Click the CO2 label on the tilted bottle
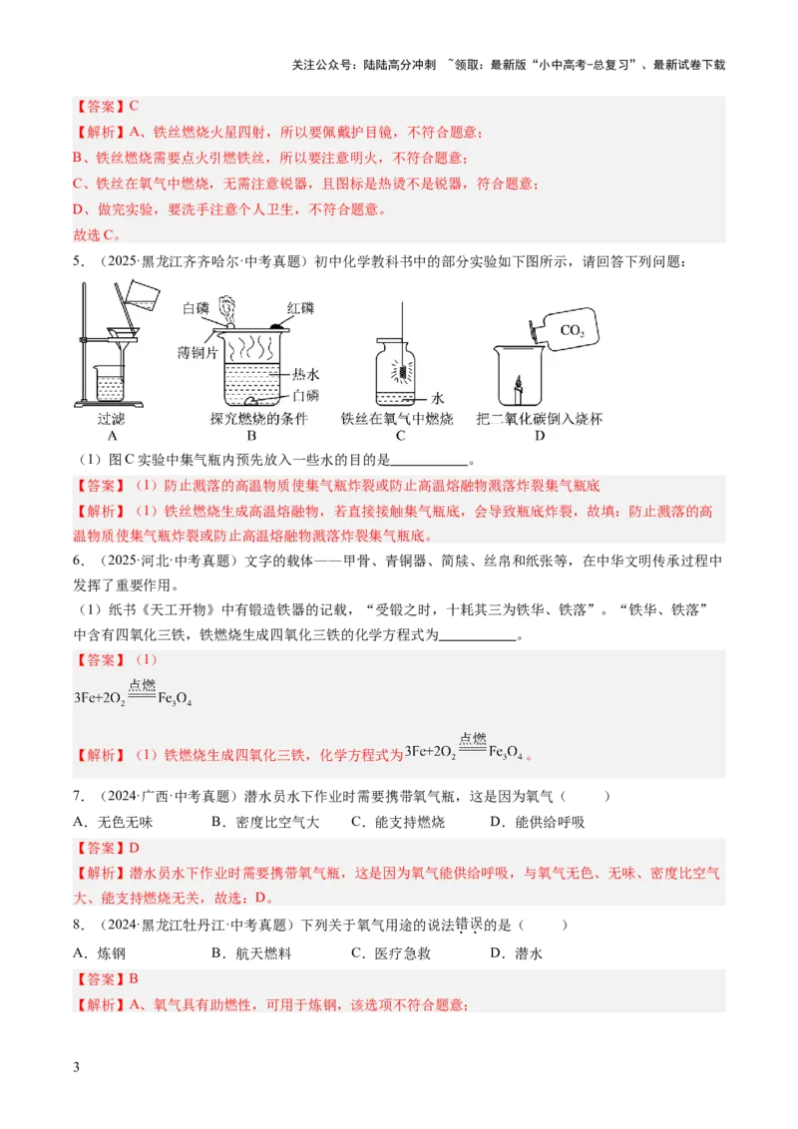click(x=572, y=331)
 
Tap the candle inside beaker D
click(x=518, y=388)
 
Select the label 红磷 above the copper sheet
click(x=300, y=308)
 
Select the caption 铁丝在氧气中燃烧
click(x=397, y=419)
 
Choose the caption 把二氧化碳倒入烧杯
click(x=540, y=419)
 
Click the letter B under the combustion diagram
click(x=252, y=436)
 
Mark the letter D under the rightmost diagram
click(x=540, y=436)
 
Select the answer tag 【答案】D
click(x=107, y=848)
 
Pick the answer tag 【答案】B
click(x=106, y=979)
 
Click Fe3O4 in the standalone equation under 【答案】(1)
click(x=176, y=699)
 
